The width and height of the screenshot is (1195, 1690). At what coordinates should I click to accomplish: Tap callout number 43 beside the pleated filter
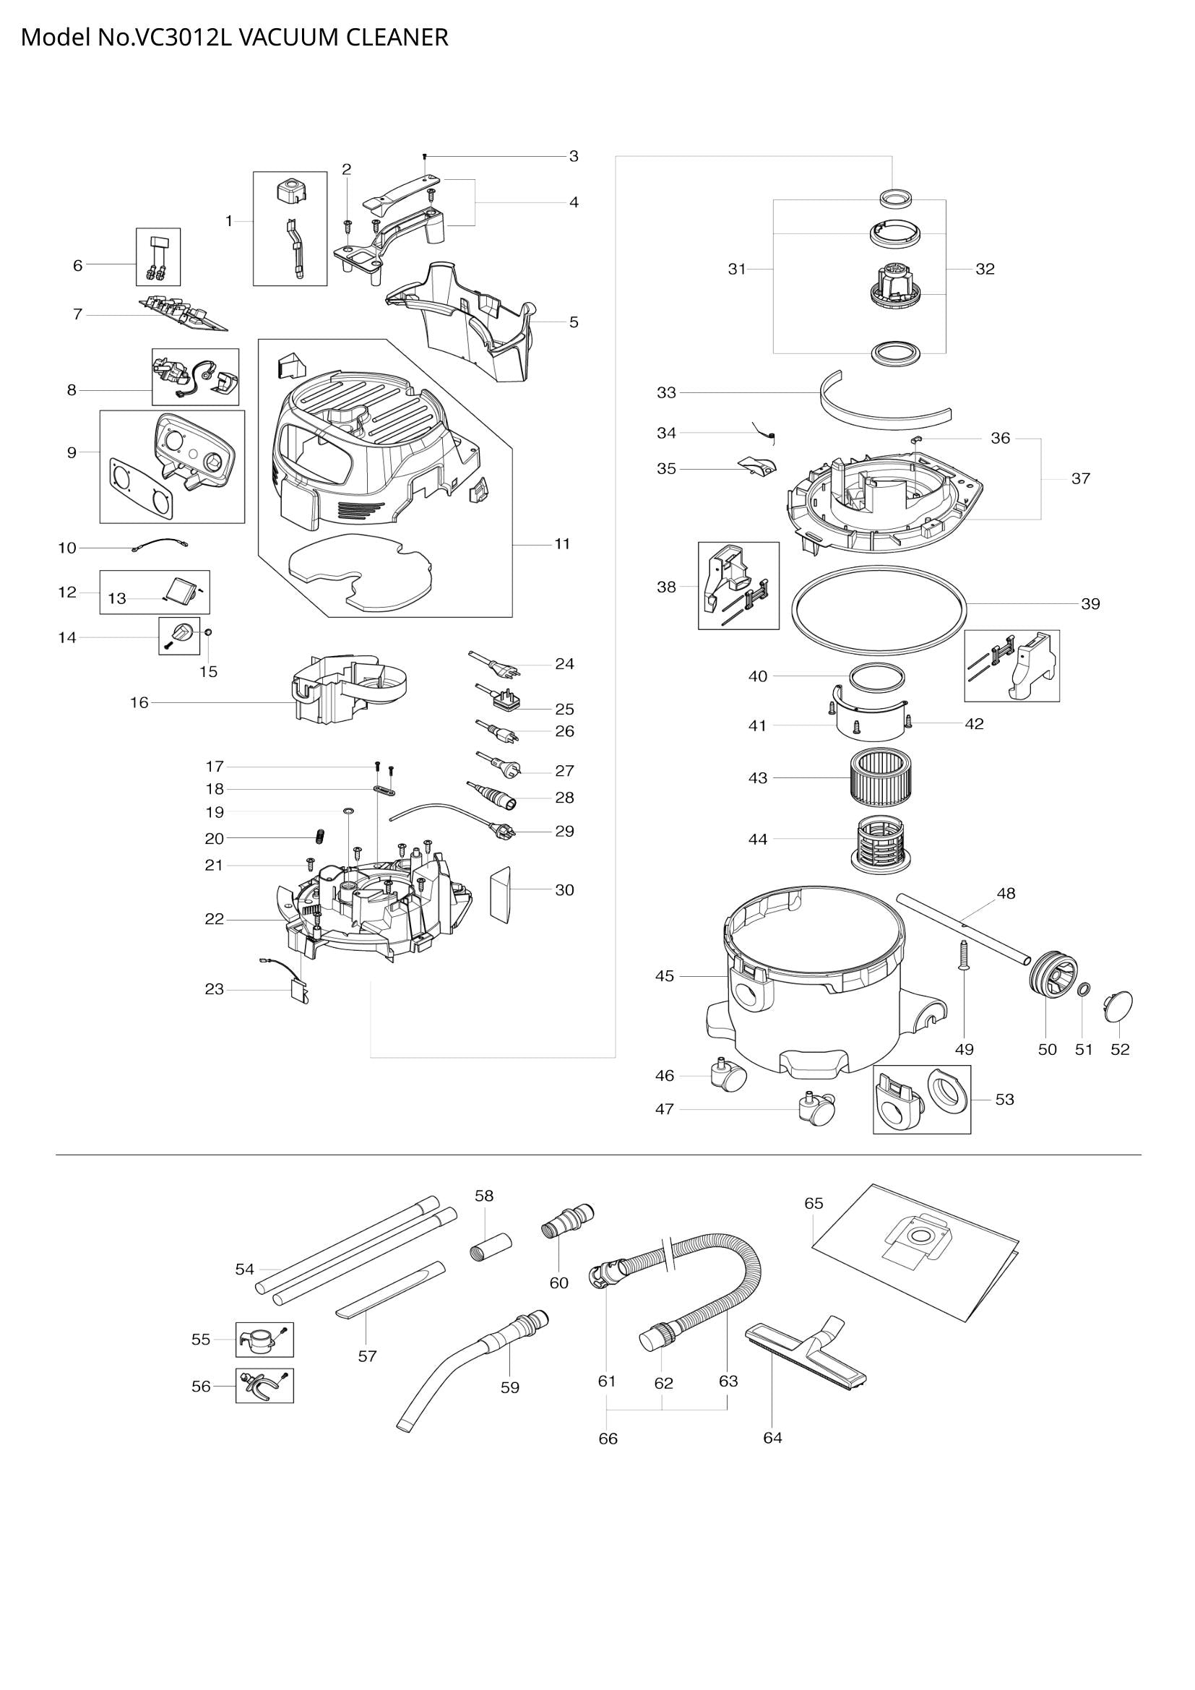point(757,778)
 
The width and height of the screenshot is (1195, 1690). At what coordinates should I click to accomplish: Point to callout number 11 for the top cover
point(562,544)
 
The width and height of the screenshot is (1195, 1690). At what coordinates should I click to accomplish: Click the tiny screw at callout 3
point(426,156)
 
